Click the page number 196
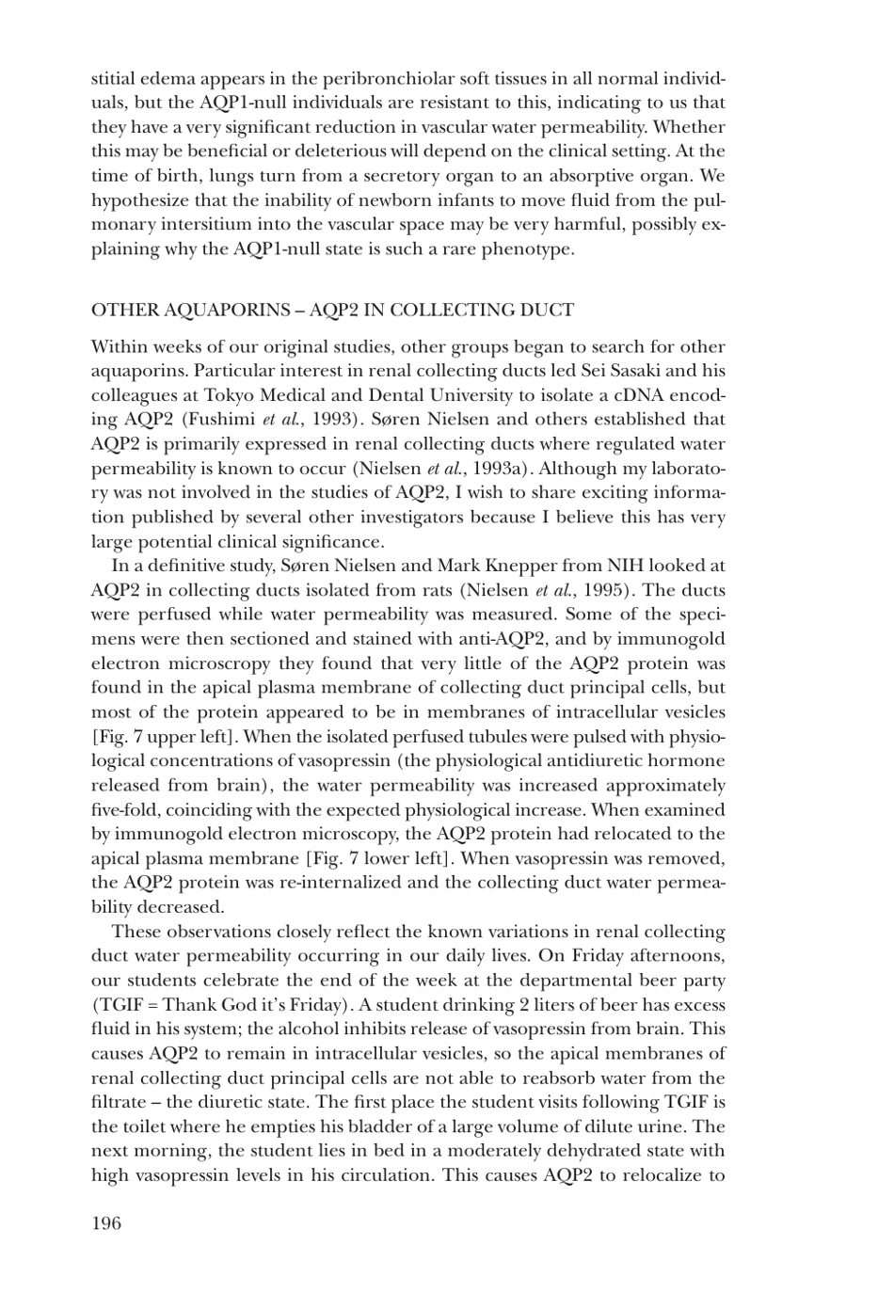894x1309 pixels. point(106,1223)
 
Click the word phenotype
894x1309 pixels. point(528,249)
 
